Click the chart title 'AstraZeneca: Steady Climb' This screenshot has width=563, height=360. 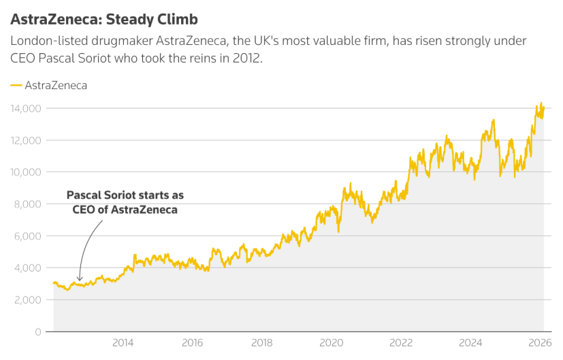click(x=104, y=18)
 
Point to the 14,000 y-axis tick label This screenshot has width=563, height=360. click(x=26, y=108)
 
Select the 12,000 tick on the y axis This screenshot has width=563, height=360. click(x=26, y=140)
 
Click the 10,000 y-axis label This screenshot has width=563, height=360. click(x=26, y=172)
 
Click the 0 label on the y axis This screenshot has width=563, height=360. click(x=39, y=332)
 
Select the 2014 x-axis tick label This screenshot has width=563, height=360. click(x=123, y=342)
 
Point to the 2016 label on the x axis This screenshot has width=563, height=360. click(x=193, y=342)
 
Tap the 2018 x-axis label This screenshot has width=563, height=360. click(x=262, y=342)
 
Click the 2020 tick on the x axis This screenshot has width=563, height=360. click(x=332, y=342)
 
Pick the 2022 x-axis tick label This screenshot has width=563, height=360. click(x=402, y=342)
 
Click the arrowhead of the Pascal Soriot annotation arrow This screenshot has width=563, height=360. click(x=80, y=279)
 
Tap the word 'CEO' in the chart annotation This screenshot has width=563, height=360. click(x=84, y=210)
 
